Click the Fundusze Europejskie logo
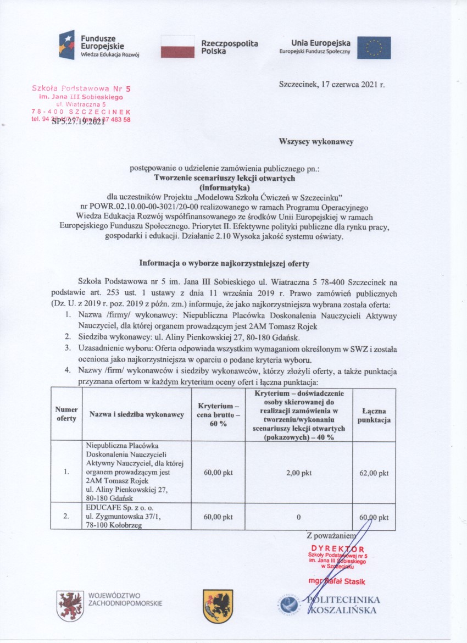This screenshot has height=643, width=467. click(x=99, y=46)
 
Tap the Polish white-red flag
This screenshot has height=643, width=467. click(x=178, y=47)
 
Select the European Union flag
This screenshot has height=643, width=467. click(x=374, y=47)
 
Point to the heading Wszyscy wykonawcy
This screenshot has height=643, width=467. click(x=316, y=141)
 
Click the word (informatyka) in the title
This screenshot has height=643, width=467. click(x=224, y=187)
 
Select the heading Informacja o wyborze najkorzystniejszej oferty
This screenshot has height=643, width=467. click(x=224, y=263)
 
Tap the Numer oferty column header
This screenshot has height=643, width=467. click(x=66, y=414)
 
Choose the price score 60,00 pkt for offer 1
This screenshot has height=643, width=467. click(x=218, y=472)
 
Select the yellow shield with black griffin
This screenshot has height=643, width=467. click(x=218, y=605)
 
